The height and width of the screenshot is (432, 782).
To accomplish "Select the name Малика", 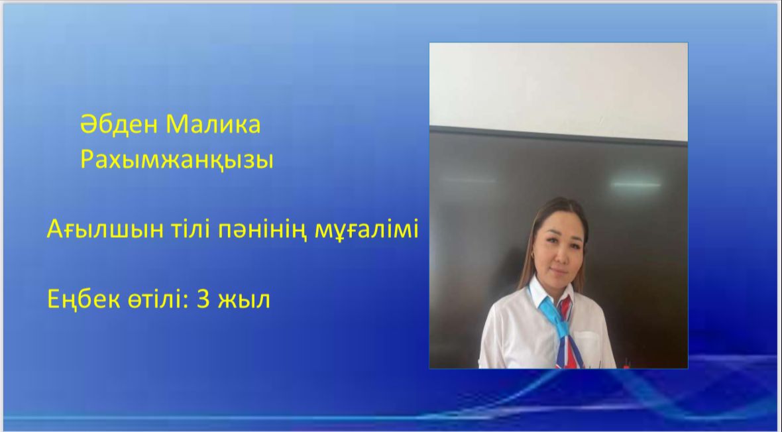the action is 213,125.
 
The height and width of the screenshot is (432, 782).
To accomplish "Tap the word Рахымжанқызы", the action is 176,160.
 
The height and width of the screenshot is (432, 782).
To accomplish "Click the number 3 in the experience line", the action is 203,299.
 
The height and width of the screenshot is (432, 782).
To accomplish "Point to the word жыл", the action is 244,300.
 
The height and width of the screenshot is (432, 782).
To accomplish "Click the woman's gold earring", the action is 533,255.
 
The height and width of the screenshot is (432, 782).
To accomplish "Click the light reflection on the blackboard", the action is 636,185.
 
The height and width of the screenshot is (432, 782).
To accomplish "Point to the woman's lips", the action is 559,272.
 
